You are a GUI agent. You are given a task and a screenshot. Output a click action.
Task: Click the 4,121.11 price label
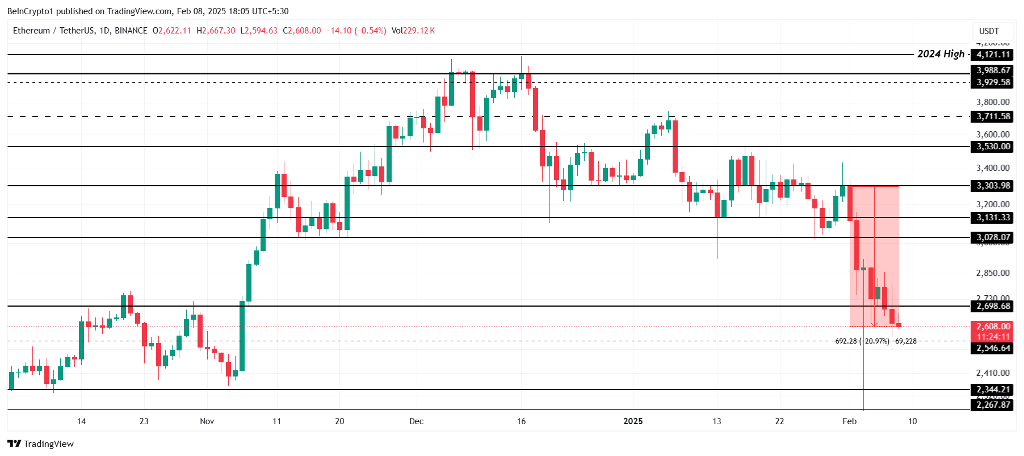(x=993, y=55)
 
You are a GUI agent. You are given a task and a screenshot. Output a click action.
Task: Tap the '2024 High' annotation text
(x=941, y=54)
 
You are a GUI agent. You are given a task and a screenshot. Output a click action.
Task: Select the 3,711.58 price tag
(x=993, y=116)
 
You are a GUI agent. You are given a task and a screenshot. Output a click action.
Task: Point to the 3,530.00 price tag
(x=993, y=147)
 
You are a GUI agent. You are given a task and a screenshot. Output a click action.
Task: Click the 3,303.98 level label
(x=993, y=186)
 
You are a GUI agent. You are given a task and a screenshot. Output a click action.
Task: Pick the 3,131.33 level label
(x=993, y=217)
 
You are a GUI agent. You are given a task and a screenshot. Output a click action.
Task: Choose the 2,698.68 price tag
(x=993, y=306)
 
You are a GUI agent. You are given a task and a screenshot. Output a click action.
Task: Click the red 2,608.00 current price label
(x=993, y=327)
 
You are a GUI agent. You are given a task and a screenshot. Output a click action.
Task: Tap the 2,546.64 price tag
(x=993, y=348)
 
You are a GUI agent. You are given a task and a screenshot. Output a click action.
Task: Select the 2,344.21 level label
(x=993, y=390)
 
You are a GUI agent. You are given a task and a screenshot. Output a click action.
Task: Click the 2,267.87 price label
(x=993, y=405)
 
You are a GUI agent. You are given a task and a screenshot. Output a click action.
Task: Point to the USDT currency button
(x=989, y=31)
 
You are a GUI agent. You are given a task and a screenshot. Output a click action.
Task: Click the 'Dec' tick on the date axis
(x=416, y=421)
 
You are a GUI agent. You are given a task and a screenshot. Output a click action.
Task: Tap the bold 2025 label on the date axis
(x=633, y=421)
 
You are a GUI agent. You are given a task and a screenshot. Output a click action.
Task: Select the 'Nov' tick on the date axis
(x=207, y=421)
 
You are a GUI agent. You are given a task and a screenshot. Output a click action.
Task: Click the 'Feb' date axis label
(x=849, y=421)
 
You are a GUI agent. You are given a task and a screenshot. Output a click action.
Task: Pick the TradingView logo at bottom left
(x=40, y=444)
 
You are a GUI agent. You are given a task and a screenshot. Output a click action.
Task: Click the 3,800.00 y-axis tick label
(x=993, y=102)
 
